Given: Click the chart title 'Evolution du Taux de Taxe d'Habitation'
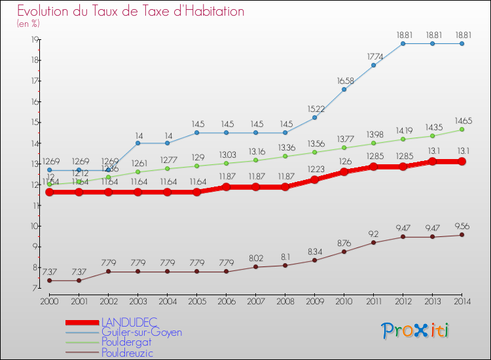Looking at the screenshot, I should tap(131, 12).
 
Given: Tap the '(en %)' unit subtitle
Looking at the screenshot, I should tap(29, 24).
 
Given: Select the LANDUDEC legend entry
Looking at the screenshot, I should tap(130, 322).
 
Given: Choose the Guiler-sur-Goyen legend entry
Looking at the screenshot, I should tap(141, 333).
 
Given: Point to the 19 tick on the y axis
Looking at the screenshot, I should tap(33, 39).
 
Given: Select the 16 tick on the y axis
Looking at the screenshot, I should tap(33, 101).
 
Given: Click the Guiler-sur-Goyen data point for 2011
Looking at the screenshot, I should tap(373, 65).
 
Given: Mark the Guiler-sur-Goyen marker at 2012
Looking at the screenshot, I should tap(403, 43).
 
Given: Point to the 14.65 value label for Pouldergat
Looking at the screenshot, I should tap(462, 120).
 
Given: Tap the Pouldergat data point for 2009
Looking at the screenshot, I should tap(314, 152).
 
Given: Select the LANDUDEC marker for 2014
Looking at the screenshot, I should tap(462, 161).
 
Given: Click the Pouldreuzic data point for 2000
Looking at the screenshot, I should tap(49, 281).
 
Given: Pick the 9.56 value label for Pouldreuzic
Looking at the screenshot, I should tap(462, 226).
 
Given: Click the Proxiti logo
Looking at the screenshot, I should tap(416, 331).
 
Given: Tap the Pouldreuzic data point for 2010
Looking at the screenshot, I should tap(344, 251).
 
